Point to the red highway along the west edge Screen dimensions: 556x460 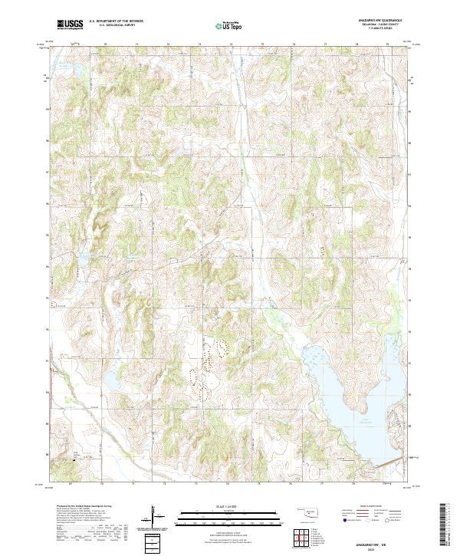tap(51, 383)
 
